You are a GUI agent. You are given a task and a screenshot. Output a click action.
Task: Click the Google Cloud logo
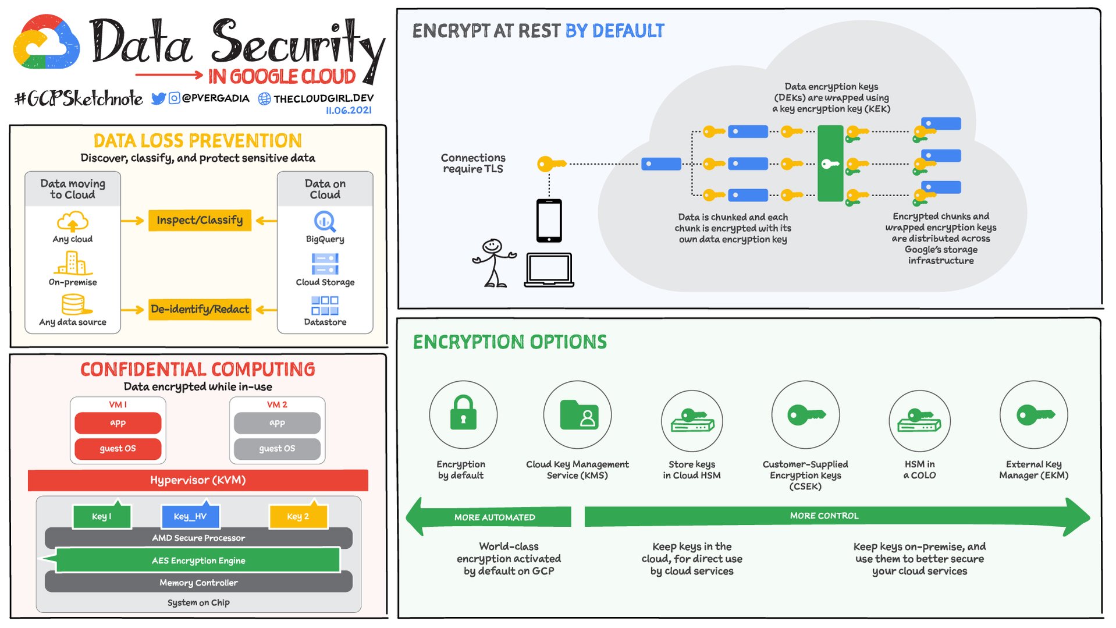47,42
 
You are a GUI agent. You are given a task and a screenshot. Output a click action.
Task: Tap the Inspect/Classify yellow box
200,221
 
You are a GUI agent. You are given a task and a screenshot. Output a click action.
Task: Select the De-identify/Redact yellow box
200,309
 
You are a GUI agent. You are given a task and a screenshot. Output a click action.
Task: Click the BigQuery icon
325,221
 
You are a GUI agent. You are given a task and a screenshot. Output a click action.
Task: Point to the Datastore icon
325,306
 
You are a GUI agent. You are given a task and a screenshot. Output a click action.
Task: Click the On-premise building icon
73,263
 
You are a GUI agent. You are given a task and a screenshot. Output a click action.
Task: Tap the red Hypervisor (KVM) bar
198,480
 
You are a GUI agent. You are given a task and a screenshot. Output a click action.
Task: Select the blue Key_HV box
190,516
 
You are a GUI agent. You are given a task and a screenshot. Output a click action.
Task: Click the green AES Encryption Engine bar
198,560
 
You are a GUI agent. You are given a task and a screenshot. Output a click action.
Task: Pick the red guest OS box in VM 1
118,449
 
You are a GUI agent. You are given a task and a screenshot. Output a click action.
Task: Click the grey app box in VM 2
277,423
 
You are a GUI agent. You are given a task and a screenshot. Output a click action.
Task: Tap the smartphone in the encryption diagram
549,221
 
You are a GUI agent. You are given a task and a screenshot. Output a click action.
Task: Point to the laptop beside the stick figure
549,269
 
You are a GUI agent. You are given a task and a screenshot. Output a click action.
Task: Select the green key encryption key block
830,164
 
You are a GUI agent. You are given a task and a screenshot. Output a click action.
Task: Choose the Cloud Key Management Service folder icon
577,414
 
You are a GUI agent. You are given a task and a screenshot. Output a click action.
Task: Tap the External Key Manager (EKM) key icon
1034,414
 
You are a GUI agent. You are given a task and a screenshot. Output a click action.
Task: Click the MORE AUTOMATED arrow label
495,517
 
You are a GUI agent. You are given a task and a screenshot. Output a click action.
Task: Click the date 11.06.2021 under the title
348,111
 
